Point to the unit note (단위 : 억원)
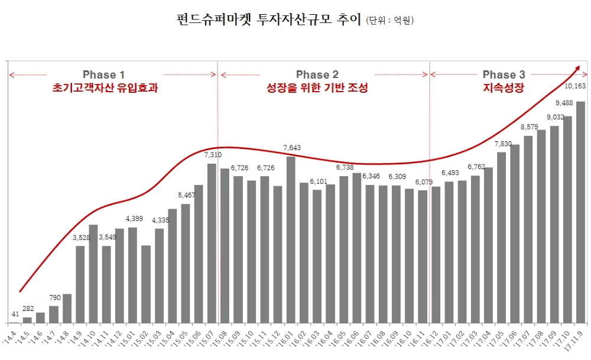coord(390,21)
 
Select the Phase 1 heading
coord(103,74)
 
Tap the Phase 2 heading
coord(317,74)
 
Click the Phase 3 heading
coord(504,74)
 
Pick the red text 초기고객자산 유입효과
coord(105,89)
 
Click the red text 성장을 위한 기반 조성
coord(317,89)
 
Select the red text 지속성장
coord(504,89)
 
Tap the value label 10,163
coord(575,86)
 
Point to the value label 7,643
coord(292,147)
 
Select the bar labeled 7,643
coord(291,240)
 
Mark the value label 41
coord(15,314)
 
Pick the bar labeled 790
coord(54,314)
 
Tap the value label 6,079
coord(423,182)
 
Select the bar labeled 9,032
coord(554,225)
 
